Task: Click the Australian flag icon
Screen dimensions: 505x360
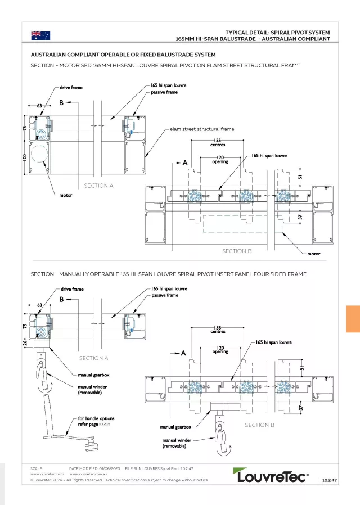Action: pyautogui.click(x=40, y=35)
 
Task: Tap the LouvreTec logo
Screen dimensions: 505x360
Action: pyautogui.click(x=271, y=476)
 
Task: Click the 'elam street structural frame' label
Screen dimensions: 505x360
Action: pyautogui.click(x=202, y=129)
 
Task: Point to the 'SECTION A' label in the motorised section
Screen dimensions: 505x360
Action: pyautogui.click(x=99, y=185)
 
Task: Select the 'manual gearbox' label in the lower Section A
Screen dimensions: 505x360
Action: pyautogui.click(x=93, y=375)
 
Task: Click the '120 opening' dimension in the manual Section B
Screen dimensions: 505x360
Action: pyautogui.click(x=220, y=350)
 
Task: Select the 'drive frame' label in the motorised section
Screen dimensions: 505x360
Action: pyautogui.click(x=72, y=88)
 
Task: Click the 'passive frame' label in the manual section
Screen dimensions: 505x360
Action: pyautogui.click(x=164, y=295)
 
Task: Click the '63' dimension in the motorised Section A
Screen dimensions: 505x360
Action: pyautogui.click(x=40, y=105)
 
